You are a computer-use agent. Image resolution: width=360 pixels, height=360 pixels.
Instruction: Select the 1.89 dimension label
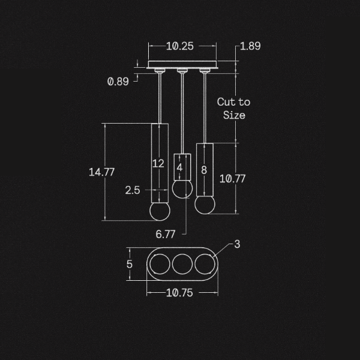click(x=250, y=46)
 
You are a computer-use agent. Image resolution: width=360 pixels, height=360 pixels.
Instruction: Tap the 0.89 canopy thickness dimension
click(x=118, y=82)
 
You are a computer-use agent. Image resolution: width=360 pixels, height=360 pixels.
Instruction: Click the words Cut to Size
click(x=233, y=109)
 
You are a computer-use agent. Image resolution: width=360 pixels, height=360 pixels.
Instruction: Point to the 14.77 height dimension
click(x=101, y=172)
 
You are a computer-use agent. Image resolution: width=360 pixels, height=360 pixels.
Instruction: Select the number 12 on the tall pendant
click(x=158, y=163)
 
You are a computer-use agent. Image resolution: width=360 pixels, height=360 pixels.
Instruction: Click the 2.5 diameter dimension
click(x=133, y=190)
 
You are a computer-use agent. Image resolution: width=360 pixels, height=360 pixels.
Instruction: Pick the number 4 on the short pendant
click(x=180, y=168)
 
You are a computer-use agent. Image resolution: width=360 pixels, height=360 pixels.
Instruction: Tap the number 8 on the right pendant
click(x=204, y=170)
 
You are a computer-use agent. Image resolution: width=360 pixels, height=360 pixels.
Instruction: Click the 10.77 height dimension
click(x=233, y=178)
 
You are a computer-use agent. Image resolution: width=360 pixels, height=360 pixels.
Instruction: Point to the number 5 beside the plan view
click(x=129, y=264)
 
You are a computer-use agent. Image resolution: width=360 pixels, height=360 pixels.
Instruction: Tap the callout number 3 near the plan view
click(x=238, y=244)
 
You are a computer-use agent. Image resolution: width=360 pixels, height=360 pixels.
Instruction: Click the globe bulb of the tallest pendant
click(x=158, y=212)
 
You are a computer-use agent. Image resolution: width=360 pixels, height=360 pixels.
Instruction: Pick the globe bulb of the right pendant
click(x=204, y=203)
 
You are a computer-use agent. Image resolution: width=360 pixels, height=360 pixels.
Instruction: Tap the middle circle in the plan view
click(x=182, y=264)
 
